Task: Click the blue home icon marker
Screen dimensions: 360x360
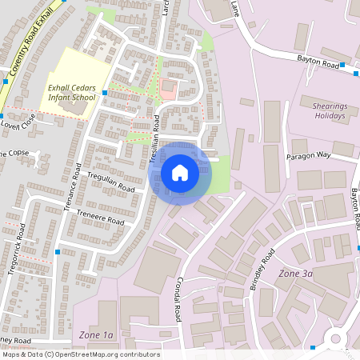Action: (180, 173)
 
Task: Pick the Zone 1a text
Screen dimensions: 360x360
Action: (96, 334)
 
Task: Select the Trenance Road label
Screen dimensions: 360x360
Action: (73, 187)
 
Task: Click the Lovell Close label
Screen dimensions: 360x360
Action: (18, 125)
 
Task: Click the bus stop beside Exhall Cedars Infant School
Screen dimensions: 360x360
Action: (105, 94)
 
